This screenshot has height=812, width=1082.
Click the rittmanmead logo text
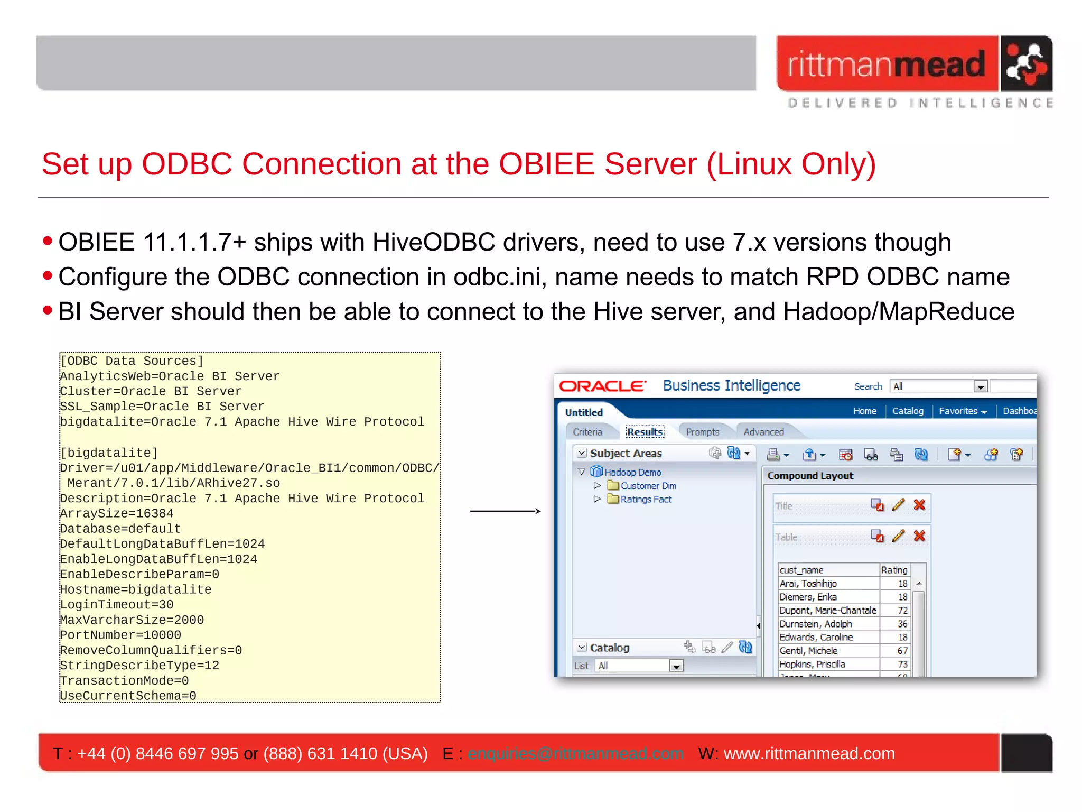pyautogui.click(x=886, y=64)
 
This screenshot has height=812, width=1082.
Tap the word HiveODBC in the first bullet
pyautogui.click(x=433, y=243)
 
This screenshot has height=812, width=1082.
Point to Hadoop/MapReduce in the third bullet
pyautogui.click(x=898, y=312)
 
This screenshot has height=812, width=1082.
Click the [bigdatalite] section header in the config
pyautogui.click(x=109, y=453)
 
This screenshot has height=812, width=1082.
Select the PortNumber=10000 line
pyautogui.click(x=120, y=635)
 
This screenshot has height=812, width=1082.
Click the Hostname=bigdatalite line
pyautogui.click(x=136, y=590)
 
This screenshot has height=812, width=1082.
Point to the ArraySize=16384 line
pyautogui.click(x=117, y=514)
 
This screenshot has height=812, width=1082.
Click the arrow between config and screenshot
pyautogui.click(x=505, y=511)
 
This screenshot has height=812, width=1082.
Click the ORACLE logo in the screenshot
pyautogui.click(x=602, y=386)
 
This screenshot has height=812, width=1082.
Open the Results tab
pyautogui.click(x=645, y=432)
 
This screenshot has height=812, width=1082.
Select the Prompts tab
pyautogui.click(x=702, y=432)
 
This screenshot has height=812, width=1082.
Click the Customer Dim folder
pyautogui.click(x=648, y=486)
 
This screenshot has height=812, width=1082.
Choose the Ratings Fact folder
pyautogui.click(x=646, y=500)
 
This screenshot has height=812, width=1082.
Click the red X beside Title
pyautogui.click(x=919, y=505)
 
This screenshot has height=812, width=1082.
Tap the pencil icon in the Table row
pyautogui.click(x=898, y=537)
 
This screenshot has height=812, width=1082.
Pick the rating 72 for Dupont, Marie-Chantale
pyautogui.click(x=902, y=611)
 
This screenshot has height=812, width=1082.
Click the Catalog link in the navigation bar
pyautogui.click(x=908, y=411)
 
